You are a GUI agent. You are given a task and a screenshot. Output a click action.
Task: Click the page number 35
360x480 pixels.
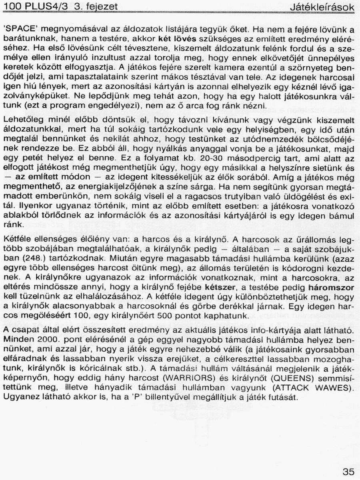348,472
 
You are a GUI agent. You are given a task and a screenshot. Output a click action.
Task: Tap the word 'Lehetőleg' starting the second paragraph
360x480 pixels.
20,119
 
